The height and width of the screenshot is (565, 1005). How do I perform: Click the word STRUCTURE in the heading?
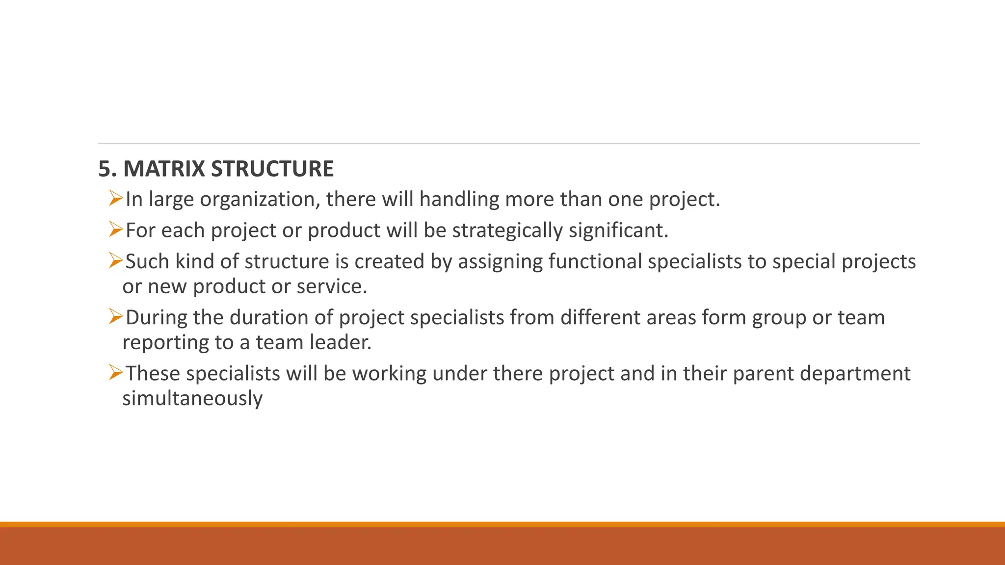pos(272,169)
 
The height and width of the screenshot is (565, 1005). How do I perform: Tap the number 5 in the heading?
pos(104,169)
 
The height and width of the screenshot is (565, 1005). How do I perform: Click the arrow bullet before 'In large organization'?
pos(116,199)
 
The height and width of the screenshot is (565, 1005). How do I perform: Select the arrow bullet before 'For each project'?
pos(116,230)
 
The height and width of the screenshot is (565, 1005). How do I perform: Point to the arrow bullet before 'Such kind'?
pos(116,260)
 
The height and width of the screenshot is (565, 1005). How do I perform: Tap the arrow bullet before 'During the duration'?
pos(116,316)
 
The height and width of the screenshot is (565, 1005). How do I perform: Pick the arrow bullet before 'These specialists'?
pos(116,373)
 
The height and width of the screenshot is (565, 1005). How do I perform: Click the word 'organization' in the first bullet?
pos(260,200)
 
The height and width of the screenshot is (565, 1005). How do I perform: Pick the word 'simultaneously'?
pos(192,399)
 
